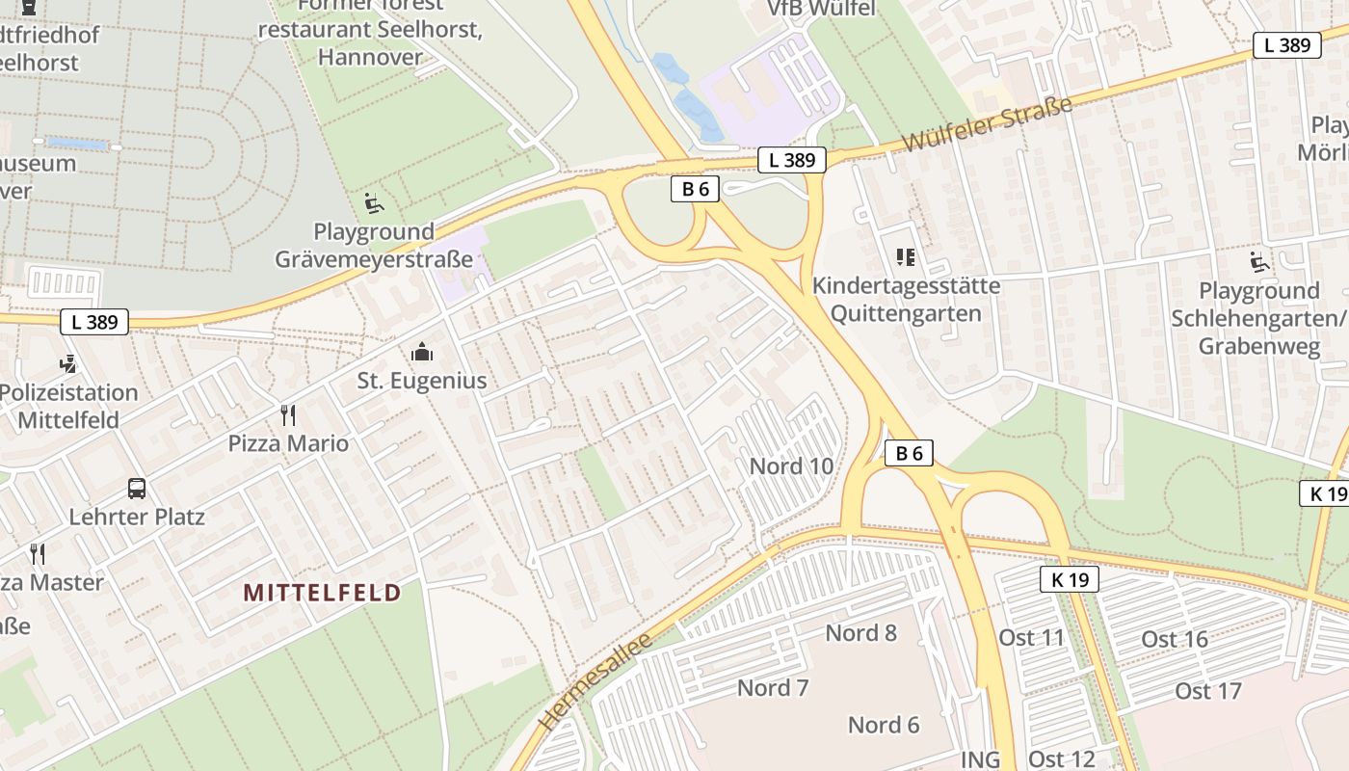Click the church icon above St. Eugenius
421,353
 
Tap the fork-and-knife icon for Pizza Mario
287,415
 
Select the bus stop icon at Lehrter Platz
137,488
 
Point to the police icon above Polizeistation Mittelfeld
67,364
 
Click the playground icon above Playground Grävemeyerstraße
374,203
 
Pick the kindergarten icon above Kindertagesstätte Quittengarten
906,257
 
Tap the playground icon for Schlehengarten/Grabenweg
1258,262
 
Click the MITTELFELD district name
322,592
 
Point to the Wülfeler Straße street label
988,123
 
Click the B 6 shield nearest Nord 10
909,453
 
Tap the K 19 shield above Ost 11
1070,579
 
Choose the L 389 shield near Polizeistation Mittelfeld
94,322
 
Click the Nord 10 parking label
791,466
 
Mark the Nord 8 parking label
860,633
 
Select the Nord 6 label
884,725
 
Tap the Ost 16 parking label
1175,640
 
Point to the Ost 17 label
1207,691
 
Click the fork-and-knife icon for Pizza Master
38,553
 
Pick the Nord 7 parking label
773,688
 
